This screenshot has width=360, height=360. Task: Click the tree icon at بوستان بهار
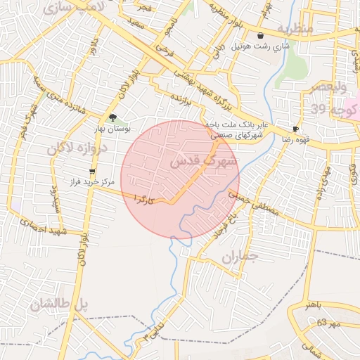tap(112, 118)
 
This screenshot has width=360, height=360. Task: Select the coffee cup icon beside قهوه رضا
tap(295, 129)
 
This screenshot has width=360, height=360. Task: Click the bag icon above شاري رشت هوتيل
tap(261, 36)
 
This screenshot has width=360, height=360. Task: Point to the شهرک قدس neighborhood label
tap(205, 162)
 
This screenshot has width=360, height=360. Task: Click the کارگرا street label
tap(143, 200)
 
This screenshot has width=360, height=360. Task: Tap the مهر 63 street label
tap(328, 322)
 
